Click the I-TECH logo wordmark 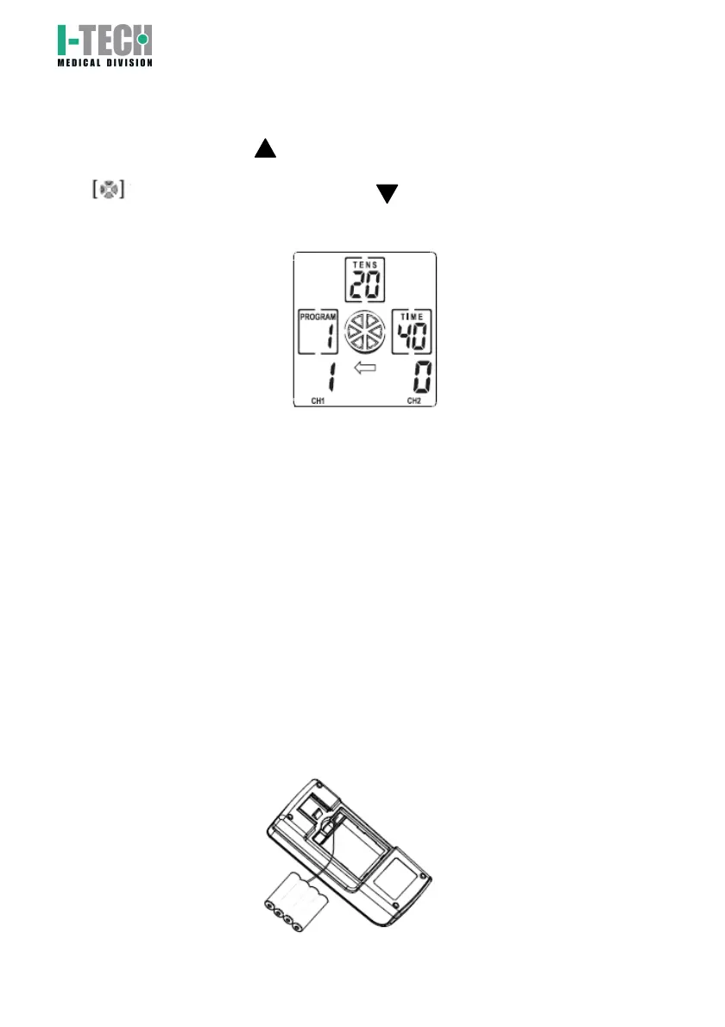(x=104, y=41)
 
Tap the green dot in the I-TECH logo (x=142, y=38)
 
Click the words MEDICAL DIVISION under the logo (x=104, y=62)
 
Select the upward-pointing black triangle (x=264, y=148)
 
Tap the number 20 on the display (x=362, y=282)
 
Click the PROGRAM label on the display (x=317, y=317)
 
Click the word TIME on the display (x=412, y=317)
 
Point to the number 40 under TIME (x=412, y=337)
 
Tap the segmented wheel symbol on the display (x=365, y=331)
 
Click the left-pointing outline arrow (x=366, y=370)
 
